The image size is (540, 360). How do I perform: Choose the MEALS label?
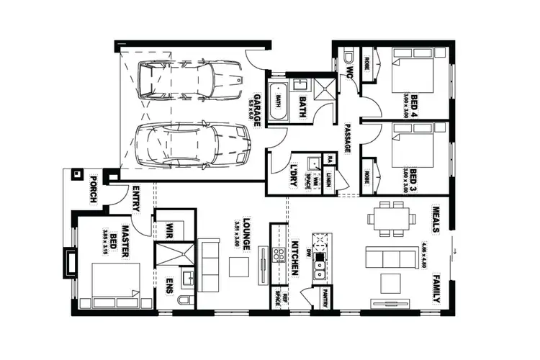(436, 217)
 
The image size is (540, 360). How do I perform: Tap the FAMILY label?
(436, 291)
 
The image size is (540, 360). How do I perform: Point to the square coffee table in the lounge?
(240, 266)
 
